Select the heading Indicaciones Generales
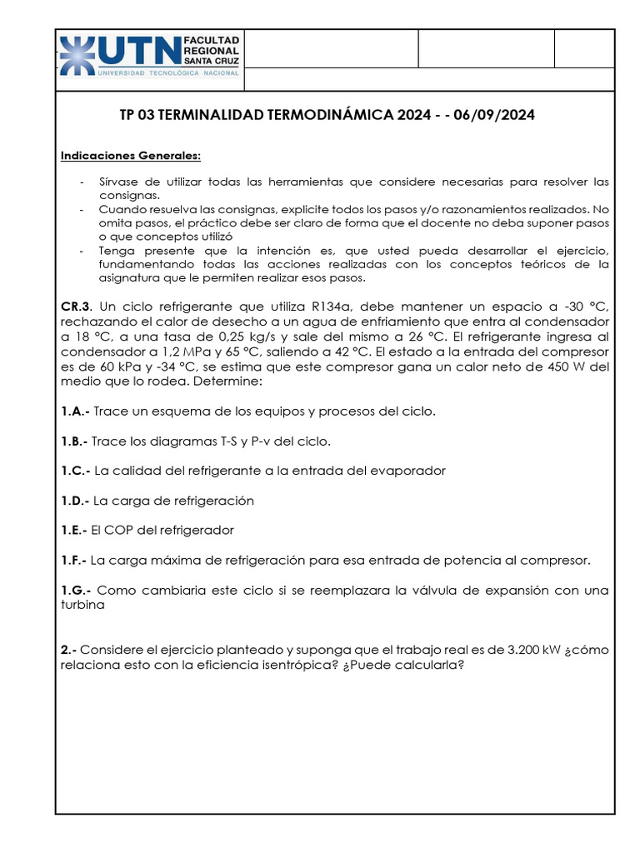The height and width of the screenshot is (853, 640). (131, 156)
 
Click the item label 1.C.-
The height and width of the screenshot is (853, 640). (76, 471)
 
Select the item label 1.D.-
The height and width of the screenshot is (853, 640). (76, 501)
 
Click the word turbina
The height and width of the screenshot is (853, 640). (82, 606)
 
